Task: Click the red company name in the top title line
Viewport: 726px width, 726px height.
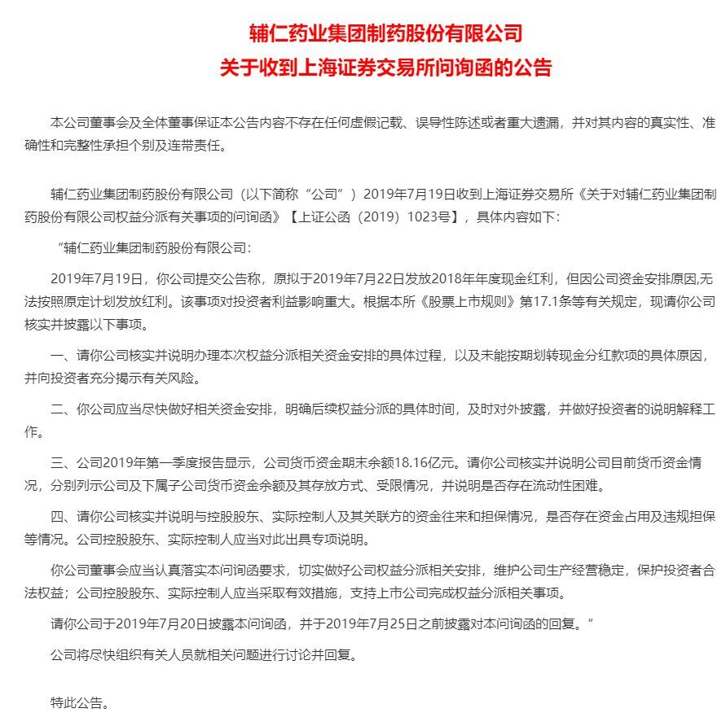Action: (x=385, y=33)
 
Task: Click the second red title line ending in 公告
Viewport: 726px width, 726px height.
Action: (x=385, y=68)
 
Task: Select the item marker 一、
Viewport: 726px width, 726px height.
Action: (x=62, y=356)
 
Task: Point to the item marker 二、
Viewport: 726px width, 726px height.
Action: (x=62, y=409)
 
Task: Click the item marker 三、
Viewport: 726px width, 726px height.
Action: (x=62, y=464)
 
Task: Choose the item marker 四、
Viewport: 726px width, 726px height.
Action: (x=62, y=517)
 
